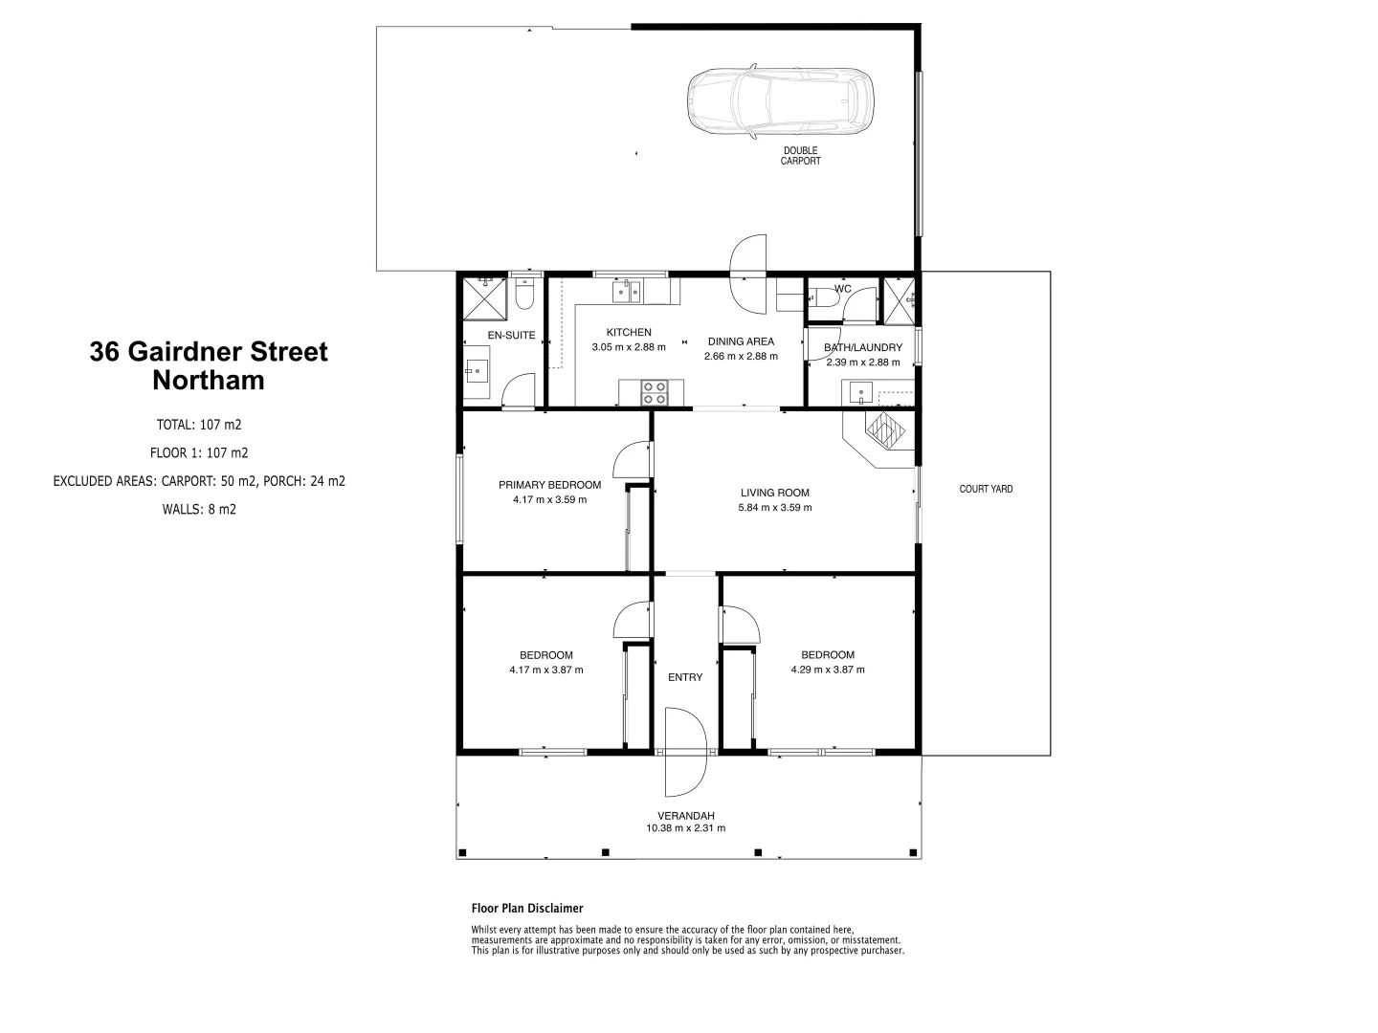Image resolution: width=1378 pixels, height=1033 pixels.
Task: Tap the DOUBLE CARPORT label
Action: tap(800, 156)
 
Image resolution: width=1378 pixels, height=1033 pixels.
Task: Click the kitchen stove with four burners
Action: tap(656, 392)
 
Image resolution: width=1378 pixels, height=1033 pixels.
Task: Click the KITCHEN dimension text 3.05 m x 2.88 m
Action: tap(628, 347)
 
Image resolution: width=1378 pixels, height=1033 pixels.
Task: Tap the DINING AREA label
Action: tap(741, 341)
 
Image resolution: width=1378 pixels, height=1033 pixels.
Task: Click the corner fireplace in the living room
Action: tap(884, 430)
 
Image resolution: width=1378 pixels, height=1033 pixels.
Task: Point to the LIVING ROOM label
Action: tap(774, 494)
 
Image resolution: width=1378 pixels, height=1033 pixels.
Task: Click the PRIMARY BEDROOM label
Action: tap(549, 485)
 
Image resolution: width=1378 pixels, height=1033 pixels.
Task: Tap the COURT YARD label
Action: tap(986, 489)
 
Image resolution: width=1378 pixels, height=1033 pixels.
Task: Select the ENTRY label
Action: tap(685, 677)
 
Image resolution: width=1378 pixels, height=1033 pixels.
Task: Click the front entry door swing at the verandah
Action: tap(683, 752)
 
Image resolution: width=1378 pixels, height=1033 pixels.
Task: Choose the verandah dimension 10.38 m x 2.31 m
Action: tap(685, 828)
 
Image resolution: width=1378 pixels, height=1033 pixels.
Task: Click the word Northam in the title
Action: tap(209, 381)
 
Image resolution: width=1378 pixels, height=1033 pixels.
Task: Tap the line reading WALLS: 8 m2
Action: tap(199, 510)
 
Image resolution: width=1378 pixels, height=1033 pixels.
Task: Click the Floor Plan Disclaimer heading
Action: tap(527, 909)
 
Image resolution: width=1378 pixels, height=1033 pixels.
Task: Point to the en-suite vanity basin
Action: tap(478, 370)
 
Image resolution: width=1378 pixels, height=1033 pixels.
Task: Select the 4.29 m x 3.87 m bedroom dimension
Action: tap(828, 670)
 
